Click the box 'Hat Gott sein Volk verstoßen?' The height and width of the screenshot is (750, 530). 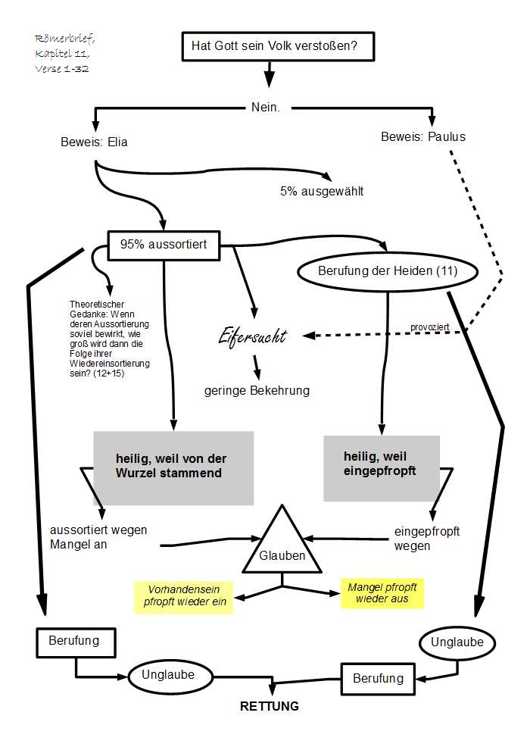click(x=270, y=47)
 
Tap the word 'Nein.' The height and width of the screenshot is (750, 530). click(x=265, y=108)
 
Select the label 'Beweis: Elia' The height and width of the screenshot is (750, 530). click(x=94, y=141)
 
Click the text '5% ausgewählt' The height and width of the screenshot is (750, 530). click(x=322, y=191)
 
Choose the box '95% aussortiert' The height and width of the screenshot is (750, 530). click(x=164, y=244)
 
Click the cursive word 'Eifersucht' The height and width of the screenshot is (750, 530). click(x=252, y=336)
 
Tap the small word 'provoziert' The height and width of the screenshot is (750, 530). click(x=430, y=327)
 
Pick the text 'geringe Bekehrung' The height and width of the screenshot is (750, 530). click(x=257, y=391)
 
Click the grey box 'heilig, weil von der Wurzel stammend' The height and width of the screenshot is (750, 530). click(x=173, y=467)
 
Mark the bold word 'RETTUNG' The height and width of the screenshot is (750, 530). click(x=269, y=706)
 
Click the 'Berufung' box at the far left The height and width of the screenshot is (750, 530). click(x=74, y=641)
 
